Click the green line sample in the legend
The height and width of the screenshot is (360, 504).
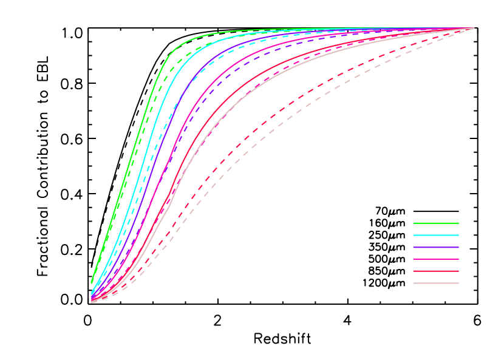pyautogui.click(x=435, y=223)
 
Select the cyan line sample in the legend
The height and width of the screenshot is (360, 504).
pyautogui.click(x=435, y=235)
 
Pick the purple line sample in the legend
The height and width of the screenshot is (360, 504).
pyautogui.click(x=435, y=247)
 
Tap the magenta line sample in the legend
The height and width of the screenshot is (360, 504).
pyautogui.click(x=435, y=259)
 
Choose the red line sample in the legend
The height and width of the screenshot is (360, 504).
pyautogui.click(x=435, y=271)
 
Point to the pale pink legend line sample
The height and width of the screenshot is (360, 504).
pyautogui.click(x=435, y=283)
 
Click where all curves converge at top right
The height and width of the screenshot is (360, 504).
pyautogui.click(x=474, y=29)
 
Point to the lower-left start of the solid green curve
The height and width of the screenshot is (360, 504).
pyautogui.click(x=92, y=282)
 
